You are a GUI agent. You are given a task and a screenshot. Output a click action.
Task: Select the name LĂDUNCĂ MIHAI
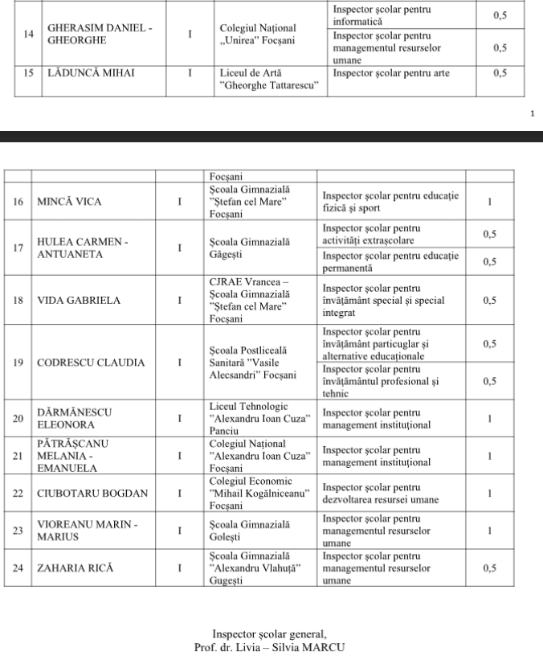click(89, 74)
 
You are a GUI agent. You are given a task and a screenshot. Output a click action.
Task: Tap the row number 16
click(18, 202)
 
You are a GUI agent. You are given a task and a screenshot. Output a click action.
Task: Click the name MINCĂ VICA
click(70, 202)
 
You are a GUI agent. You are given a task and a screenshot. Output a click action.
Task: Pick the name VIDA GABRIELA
click(79, 300)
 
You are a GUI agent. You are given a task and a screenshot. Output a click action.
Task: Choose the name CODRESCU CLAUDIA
click(92, 363)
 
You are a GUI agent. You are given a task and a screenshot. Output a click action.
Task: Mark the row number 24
click(18, 568)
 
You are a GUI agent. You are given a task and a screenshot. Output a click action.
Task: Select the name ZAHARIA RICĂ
click(76, 568)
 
